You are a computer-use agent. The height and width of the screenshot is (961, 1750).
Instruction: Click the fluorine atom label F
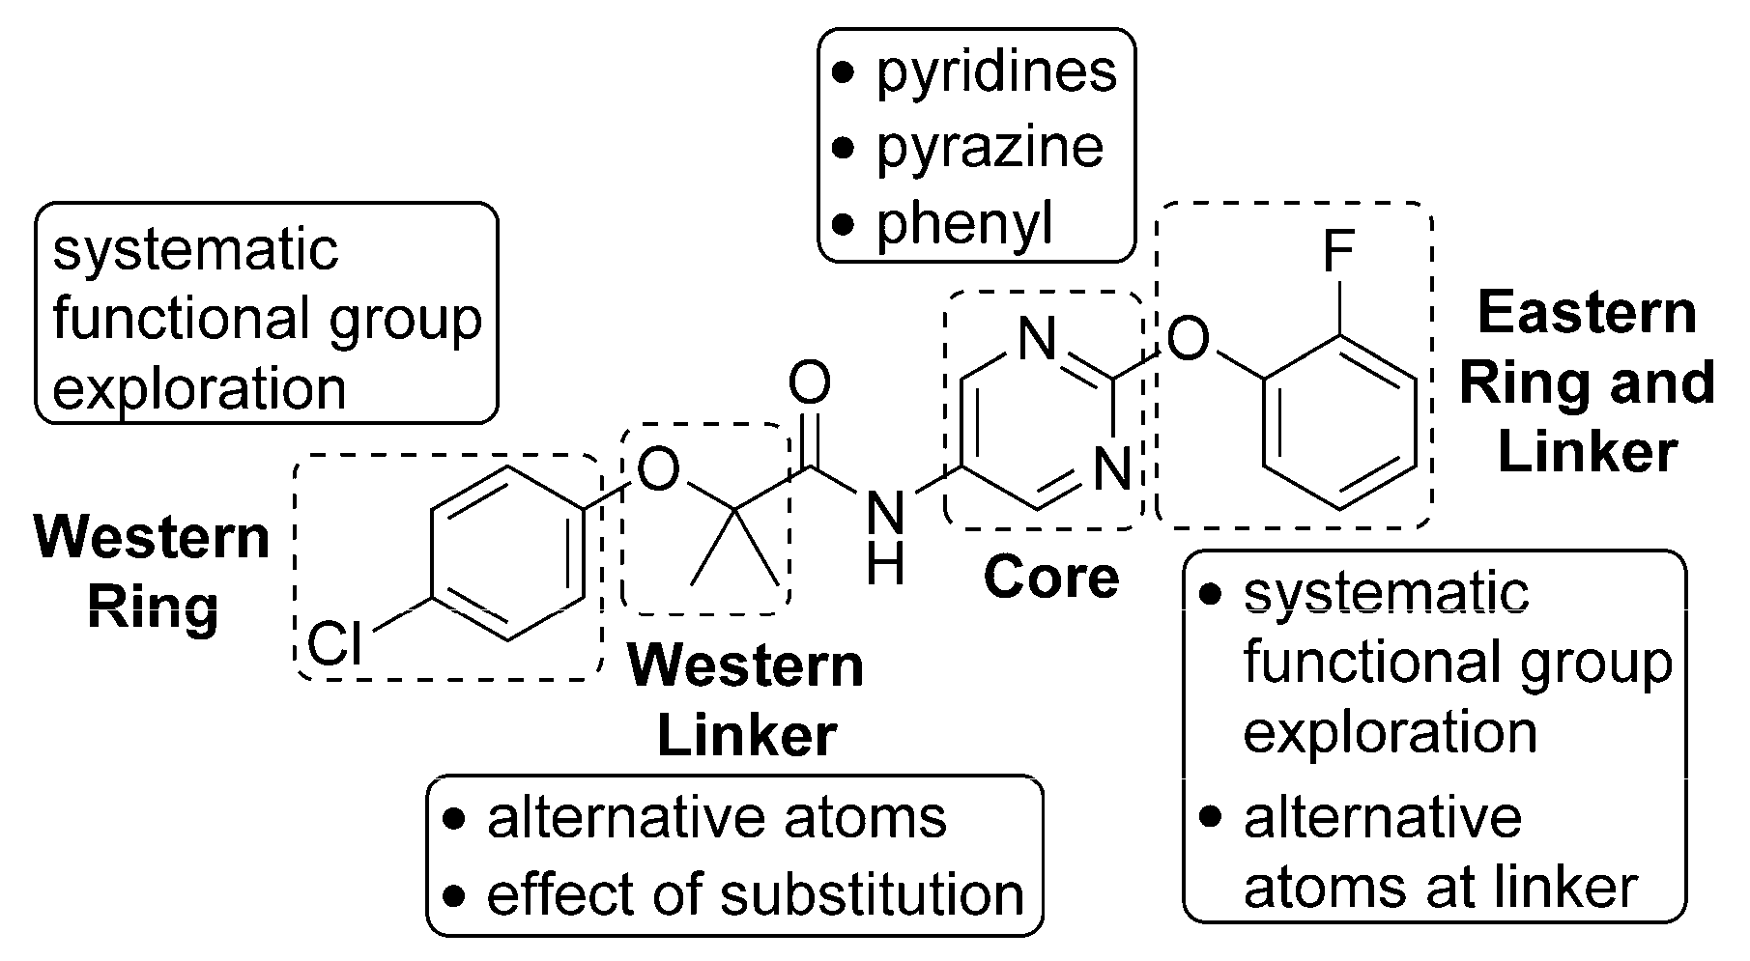pyautogui.click(x=1338, y=253)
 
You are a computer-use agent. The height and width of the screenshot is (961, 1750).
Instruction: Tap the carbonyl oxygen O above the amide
pyautogui.click(x=810, y=382)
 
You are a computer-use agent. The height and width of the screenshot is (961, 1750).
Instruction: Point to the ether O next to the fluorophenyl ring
pyautogui.click(x=1188, y=339)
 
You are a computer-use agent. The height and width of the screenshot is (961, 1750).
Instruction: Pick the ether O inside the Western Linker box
pyautogui.click(x=659, y=470)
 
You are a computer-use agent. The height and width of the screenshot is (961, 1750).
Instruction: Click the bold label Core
pyautogui.click(x=1051, y=578)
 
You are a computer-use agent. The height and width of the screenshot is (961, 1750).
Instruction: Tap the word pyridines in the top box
pyautogui.click(x=995, y=72)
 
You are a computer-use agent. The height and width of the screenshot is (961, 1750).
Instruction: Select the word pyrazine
pyautogui.click(x=989, y=148)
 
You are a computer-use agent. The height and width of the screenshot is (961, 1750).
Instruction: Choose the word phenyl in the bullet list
pyautogui.click(x=963, y=223)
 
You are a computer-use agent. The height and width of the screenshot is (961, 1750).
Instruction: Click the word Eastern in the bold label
pyautogui.click(x=1587, y=314)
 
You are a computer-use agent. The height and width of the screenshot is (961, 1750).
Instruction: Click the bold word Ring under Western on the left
pyautogui.click(x=153, y=608)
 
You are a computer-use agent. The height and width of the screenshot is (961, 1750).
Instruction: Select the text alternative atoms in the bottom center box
pyautogui.click(x=716, y=818)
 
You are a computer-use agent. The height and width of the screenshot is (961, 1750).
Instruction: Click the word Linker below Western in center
pyautogui.click(x=746, y=736)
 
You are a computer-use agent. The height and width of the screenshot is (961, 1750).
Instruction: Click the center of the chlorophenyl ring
pyautogui.click(x=507, y=554)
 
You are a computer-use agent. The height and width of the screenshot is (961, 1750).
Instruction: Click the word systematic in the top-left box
pyautogui.click(x=196, y=250)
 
